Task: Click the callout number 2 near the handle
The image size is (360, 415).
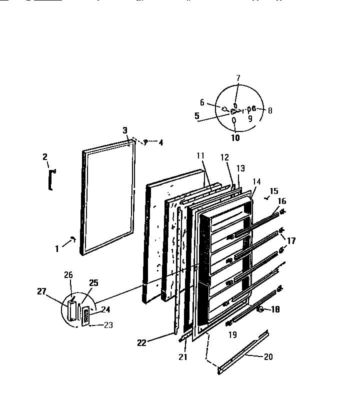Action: point(45,157)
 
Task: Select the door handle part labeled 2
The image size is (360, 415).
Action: point(50,179)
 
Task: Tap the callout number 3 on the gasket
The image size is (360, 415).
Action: point(124,130)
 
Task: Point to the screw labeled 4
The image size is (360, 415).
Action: point(145,142)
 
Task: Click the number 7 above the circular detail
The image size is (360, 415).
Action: point(238,77)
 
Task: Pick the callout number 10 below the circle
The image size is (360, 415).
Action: point(235,137)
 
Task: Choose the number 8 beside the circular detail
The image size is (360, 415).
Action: point(270,110)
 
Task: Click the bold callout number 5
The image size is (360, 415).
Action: point(196,116)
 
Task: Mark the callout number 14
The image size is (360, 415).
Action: point(257,181)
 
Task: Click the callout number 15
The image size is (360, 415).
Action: point(273,190)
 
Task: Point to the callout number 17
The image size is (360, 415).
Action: point(291,240)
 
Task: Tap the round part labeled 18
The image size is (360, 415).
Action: point(260,310)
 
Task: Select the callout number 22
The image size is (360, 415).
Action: point(141,342)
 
